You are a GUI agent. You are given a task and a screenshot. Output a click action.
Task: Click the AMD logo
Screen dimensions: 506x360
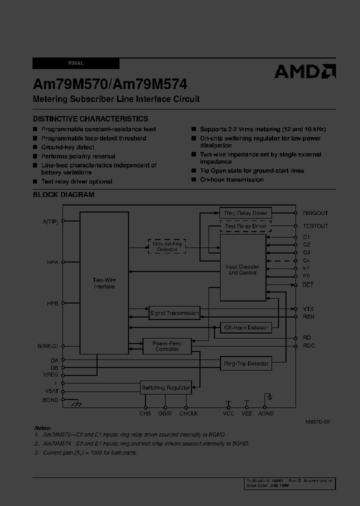pyautogui.click(x=304, y=72)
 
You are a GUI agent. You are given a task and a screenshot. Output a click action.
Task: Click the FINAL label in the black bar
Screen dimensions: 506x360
pyautogui.click(x=76, y=63)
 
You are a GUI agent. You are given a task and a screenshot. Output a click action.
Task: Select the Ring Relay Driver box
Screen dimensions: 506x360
pyautogui.click(x=245, y=213)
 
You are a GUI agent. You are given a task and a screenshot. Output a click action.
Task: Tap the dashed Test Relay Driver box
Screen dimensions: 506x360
pyautogui.click(x=245, y=226)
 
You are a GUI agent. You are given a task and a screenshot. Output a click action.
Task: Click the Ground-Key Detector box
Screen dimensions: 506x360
pyautogui.click(x=167, y=246)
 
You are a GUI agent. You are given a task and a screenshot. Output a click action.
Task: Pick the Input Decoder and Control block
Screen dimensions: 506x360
pyautogui.click(x=243, y=269)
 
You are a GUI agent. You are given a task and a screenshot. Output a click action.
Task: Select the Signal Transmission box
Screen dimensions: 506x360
pyautogui.click(x=174, y=313)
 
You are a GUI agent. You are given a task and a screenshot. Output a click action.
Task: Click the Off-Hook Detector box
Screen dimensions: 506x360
pyautogui.click(x=245, y=328)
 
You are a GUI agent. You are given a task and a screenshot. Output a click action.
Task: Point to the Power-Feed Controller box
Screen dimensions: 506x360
pyautogui.click(x=167, y=346)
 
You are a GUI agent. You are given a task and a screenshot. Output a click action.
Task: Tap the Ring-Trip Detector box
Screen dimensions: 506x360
pyautogui.click(x=245, y=364)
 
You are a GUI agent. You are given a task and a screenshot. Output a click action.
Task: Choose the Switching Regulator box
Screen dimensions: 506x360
pyautogui.click(x=165, y=387)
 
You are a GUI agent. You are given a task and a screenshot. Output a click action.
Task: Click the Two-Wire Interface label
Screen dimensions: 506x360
pyautogui.click(x=104, y=283)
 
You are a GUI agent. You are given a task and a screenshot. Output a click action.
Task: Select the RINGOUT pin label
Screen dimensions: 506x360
pyautogui.click(x=315, y=213)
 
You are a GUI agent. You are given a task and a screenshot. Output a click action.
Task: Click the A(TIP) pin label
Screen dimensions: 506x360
pyautogui.click(x=50, y=221)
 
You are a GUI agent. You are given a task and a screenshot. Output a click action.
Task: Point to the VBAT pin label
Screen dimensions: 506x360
pyautogui.click(x=50, y=391)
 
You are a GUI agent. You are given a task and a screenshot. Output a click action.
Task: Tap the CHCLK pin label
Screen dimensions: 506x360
pyautogui.click(x=188, y=413)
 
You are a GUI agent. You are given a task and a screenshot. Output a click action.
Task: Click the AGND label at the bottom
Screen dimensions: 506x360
pyautogui.click(x=265, y=413)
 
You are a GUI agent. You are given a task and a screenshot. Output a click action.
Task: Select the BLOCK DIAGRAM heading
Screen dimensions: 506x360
pyautogui.click(x=63, y=194)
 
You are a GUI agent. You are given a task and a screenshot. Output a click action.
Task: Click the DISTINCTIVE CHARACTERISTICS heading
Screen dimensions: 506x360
pyautogui.click(x=90, y=119)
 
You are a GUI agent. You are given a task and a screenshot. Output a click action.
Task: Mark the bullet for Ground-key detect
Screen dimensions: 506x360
pyautogui.click(x=35, y=147)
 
